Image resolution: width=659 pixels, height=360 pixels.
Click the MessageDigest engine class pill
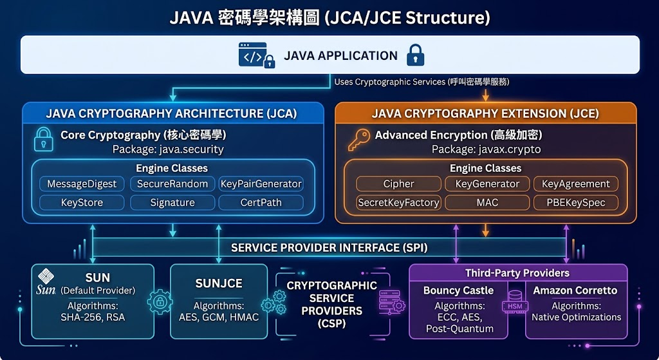[x=82, y=184]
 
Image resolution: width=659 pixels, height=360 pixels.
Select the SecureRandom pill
[x=172, y=184]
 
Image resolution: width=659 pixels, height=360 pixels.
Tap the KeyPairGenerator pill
[x=261, y=184]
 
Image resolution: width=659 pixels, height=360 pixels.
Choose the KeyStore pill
[x=82, y=202]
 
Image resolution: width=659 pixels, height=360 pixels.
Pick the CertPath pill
[x=261, y=202]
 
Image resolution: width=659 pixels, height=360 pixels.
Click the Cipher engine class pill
[x=399, y=184]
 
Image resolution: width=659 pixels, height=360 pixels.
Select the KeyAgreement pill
[x=576, y=184]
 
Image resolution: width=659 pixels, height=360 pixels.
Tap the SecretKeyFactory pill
[x=399, y=202]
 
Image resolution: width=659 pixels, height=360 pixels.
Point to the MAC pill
[x=488, y=202]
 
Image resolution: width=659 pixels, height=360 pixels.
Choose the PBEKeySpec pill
[x=576, y=202]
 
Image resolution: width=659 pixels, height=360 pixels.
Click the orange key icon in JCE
[x=359, y=140]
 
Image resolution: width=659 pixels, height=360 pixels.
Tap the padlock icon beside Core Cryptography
[x=44, y=139]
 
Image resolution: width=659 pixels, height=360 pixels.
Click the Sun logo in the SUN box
[x=46, y=282]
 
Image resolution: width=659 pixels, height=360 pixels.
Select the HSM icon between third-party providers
[x=515, y=302]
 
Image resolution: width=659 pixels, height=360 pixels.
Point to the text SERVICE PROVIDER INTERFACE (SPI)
[x=329, y=248]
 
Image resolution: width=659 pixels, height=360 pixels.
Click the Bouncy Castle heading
[x=458, y=290]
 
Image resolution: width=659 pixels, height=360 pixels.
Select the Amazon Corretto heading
[x=575, y=290]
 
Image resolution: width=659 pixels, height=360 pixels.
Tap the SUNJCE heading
[x=219, y=283]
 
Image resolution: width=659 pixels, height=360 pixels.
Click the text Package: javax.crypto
[x=487, y=149]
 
